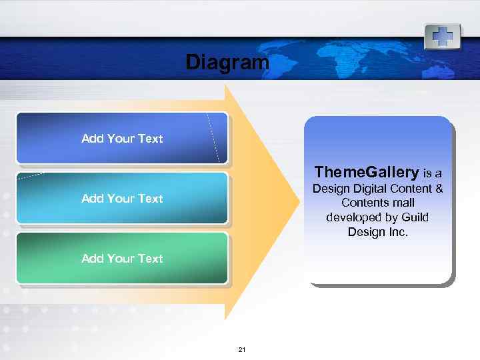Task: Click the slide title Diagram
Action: tap(227, 63)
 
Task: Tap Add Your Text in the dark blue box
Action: tap(122, 139)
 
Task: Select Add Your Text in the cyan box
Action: tap(122, 199)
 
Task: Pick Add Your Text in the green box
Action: tap(122, 259)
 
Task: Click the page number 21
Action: tap(242, 350)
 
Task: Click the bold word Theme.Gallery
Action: tap(367, 173)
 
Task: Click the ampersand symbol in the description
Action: tap(439, 189)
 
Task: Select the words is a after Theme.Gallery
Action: tap(433, 174)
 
